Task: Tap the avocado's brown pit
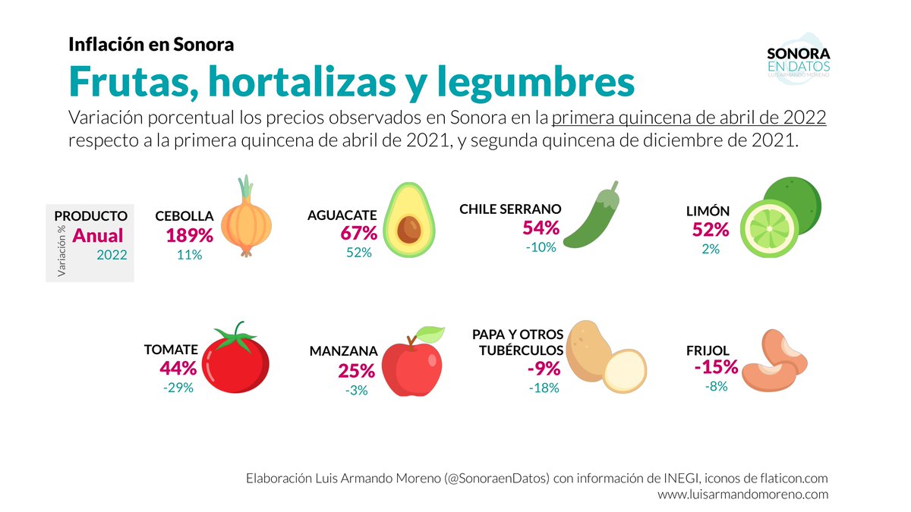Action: point(410,229)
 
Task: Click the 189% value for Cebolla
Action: point(189,235)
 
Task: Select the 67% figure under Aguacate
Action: point(358,233)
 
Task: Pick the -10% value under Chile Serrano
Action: point(541,247)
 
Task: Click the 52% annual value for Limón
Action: point(710,229)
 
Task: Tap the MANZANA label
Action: point(343,352)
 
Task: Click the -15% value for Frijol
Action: point(716,367)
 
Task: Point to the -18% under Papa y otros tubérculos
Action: point(544,388)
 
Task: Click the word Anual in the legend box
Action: point(97,236)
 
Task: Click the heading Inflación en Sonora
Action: point(151,44)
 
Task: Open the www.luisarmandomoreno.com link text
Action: point(742,494)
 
